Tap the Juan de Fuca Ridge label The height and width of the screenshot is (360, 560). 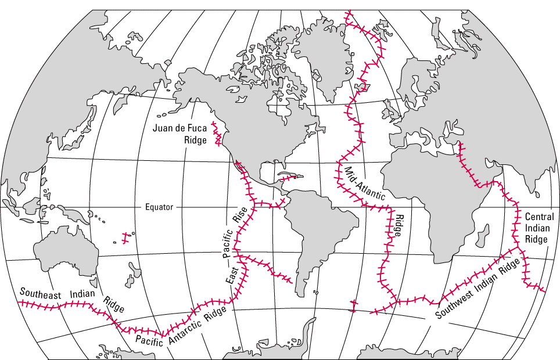click(x=181, y=134)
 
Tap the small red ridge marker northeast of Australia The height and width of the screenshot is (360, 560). click(x=125, y=237)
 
